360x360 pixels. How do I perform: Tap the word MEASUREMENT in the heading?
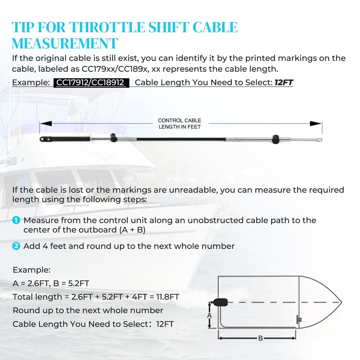pyautogui.click(x=64, y=43)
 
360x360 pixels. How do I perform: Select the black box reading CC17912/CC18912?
pyautogui.click(x=91, y=82)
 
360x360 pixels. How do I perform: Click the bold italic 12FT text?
pyautogui.click(x=283, y=82)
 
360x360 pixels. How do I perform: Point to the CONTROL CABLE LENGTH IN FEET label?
pyautogui.click(x=180, y=124)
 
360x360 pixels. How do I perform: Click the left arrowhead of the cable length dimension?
pyautogui.click(x=46, y=123)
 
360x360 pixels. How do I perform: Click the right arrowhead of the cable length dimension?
pyautogui.click(x=316, y=123)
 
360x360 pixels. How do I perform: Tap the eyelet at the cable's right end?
pyautogui.click(x=319, y=140)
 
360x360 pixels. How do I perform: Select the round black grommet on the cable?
pyautogui.click(x=275, y=139)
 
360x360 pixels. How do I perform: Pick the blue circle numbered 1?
pyautogui.click(x=16, y=220)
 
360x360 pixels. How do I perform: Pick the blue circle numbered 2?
pyautogui.click(x=16, y=246)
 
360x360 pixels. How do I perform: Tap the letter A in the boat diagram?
pyautogui.click(x=209, y=316)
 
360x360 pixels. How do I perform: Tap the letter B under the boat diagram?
pyautogui.click(x=260, y=338)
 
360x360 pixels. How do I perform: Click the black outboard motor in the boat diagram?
pyautogui.click(x=220, y=302)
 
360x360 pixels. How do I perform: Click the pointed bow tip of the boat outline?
pyautogui.click(x=341, y=302)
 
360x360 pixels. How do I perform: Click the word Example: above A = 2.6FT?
pyautogui.click(x=32, y=270)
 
